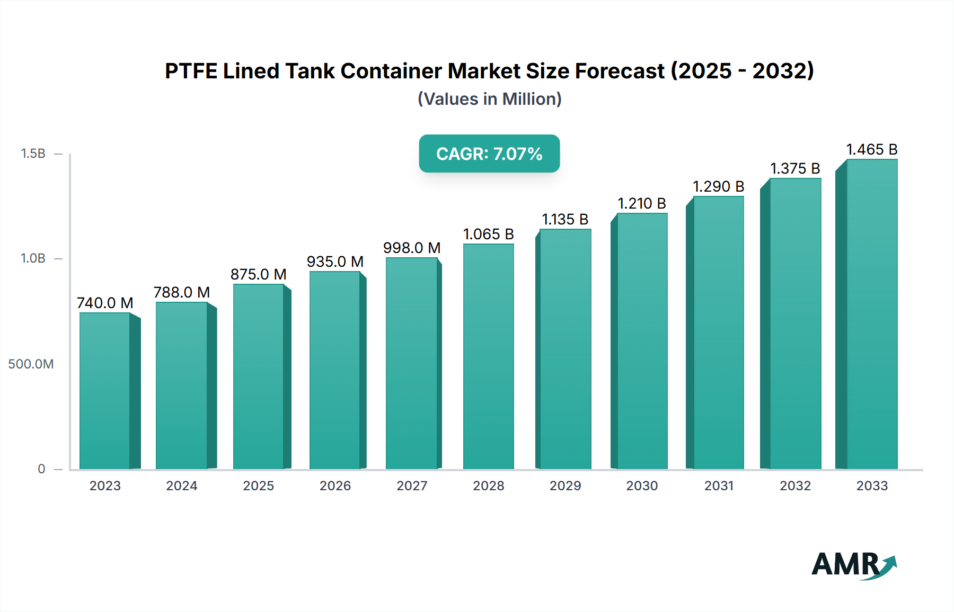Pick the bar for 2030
[642, 341]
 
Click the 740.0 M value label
[105, 303]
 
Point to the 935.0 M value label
[335, 262]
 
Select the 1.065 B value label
[488, 234]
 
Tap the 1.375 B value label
[795, 168]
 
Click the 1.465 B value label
[872, 149]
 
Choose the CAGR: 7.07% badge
[489, 154]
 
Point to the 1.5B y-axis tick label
[33, 154]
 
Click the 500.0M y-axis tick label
[31, 364]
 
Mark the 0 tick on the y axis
[41, 469]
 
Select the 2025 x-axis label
[259, 485]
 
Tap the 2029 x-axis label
[565, 485]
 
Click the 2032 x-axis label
[795, 485]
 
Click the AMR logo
[853, 565]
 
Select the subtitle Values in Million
[489, 99]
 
